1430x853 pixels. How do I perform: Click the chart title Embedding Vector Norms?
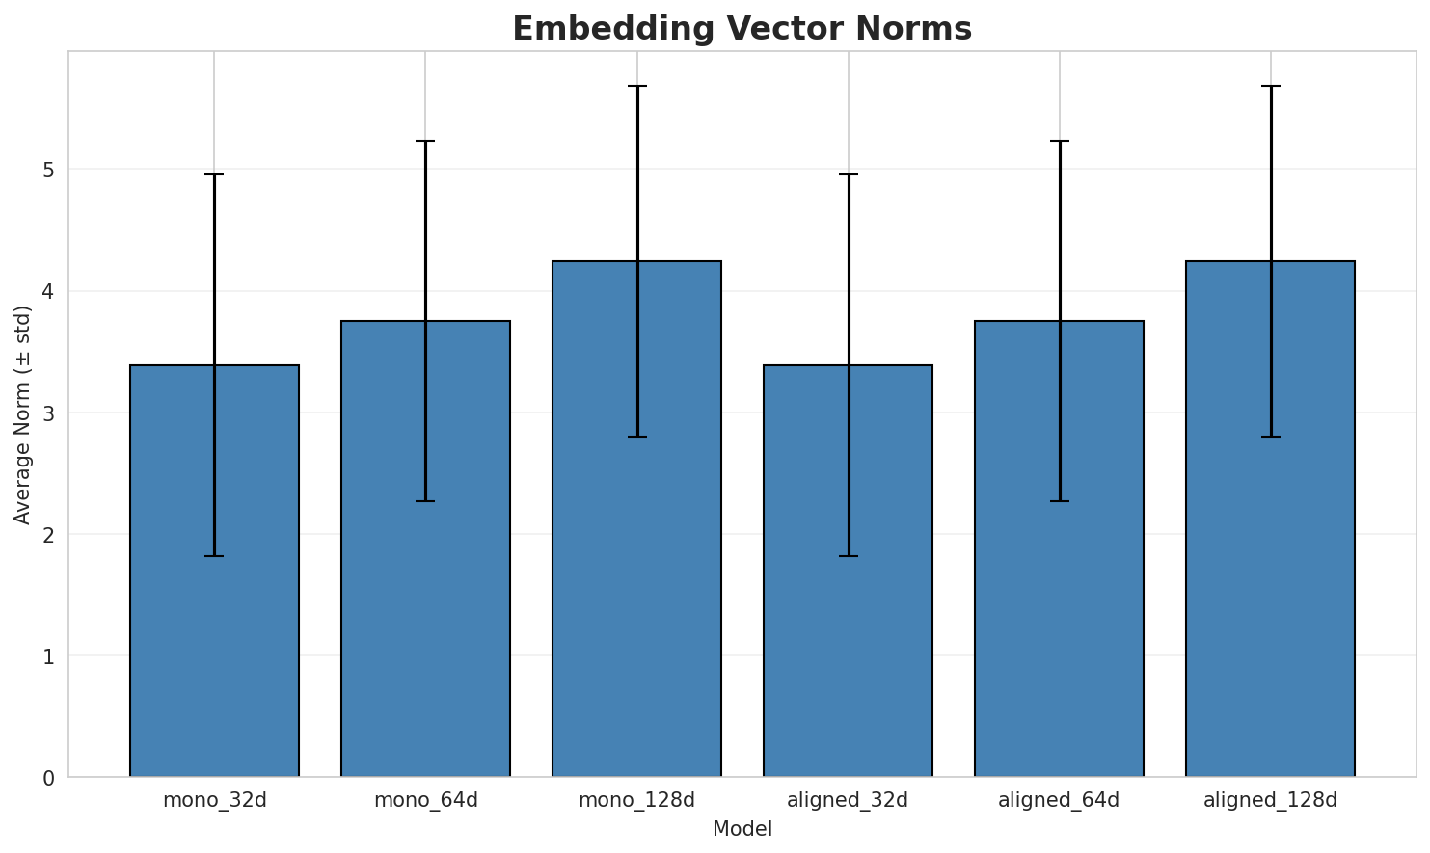coord(742,29)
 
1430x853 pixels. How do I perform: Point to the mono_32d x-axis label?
coord(214,800)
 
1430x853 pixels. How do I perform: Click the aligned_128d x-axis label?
coord(1270,800)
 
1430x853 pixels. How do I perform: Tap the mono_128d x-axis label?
coord(636,800)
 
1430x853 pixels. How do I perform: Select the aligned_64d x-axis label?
coord(1059,800)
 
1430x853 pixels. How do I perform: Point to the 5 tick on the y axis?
coord(48,170)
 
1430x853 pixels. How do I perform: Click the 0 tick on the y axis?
coord(48,777)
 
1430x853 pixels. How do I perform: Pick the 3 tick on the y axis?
coord(48,413)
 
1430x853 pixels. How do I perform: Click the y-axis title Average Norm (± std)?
coord(23,414)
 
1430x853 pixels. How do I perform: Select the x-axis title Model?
coord(742,829)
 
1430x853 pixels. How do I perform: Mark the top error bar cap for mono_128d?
coord(636,86)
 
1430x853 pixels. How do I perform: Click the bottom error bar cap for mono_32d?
coord(214,556)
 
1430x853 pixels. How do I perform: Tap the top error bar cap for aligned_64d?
coord(1059,141)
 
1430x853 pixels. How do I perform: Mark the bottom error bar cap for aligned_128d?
coord(1270,437)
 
